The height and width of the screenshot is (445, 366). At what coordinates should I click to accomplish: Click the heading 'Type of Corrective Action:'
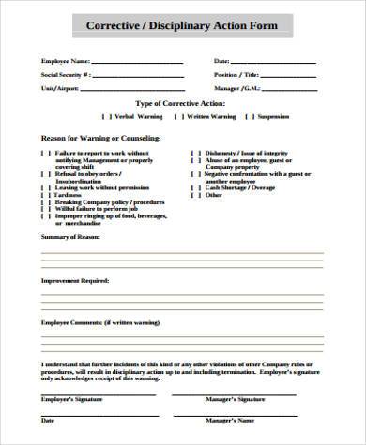(x=182, y=103)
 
